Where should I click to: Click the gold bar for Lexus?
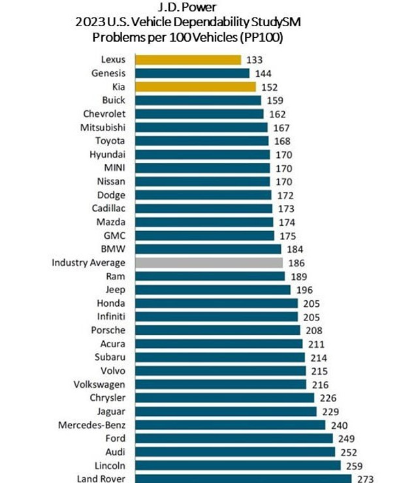point(187,60)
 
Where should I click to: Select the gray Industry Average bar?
point(208,262)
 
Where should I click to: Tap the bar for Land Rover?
point(243,478)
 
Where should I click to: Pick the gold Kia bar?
point(195,87)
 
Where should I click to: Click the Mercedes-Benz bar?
point(230,424)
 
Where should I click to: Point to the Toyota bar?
point(201,141)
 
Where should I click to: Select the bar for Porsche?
point(217,330)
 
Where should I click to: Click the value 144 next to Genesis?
point(264,74)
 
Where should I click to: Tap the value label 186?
point(296,263)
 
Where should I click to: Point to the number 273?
point(365,479)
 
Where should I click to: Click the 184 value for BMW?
point(295,249)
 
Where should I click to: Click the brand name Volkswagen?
point(100,384)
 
